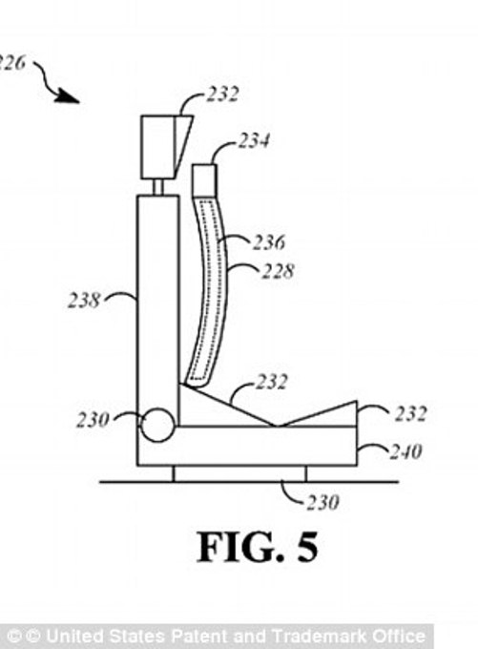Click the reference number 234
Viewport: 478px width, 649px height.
[x=254, y=140]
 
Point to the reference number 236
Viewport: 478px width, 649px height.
[x=269, y=242]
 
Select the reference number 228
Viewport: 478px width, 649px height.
[x=278, y=271]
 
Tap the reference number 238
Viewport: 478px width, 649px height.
[x=84, y=300]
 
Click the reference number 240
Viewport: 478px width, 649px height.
[x=406, y=451]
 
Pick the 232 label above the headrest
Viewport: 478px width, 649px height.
[x=222, y=94]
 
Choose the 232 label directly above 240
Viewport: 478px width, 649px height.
[x=410, y=413]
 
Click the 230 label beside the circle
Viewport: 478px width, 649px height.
[x=94, y=420]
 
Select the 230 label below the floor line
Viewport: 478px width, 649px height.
[x=322, y=502]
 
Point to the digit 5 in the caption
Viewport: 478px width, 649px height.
[x=307, y=547]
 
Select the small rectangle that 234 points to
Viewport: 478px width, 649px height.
[x=204, y=180]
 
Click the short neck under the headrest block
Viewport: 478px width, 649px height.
[x=158, y=187]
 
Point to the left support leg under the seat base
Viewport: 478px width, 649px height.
[x=174, y=474]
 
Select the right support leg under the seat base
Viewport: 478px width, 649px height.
[x=306, y=474]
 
